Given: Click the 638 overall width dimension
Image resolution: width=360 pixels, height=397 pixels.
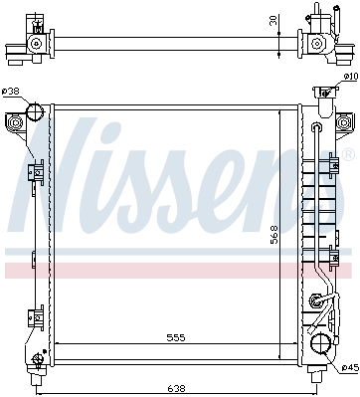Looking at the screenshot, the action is [176, 387].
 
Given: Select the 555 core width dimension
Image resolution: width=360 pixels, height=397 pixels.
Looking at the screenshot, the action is [176, 338].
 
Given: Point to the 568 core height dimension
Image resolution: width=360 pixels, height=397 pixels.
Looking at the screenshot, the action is [274, 235].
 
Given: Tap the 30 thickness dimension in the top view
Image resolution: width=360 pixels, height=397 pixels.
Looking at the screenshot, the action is [273, 20].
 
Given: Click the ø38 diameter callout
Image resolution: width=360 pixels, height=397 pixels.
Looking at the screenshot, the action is [11, 92].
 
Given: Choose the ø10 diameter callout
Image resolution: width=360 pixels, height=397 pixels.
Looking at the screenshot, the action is [351, 77].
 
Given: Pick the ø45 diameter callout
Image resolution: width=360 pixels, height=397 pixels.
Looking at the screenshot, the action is [350, 367].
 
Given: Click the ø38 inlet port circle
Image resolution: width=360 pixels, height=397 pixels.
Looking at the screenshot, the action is [35, 111].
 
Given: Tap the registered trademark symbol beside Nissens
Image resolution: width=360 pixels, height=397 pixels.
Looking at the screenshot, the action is [348, 155].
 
